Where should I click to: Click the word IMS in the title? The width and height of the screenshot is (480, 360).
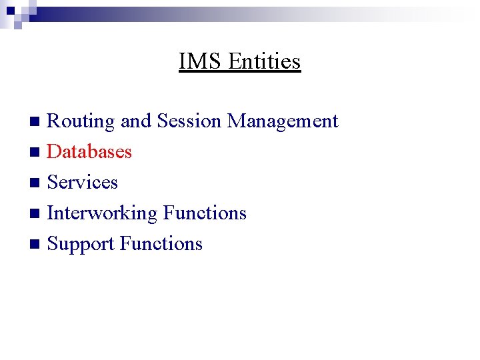pyautogui.click(x=201, y=61)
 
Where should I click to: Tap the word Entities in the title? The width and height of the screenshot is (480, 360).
pyautogui.click(x=265, y=61)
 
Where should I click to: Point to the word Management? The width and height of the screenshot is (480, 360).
pyautogui.click(x=283, y=122)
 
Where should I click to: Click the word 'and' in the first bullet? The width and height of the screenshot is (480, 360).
pyautogui.click(x=136, y=121)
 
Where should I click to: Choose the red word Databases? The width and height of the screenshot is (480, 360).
pyautogui.click(x=89, y=152)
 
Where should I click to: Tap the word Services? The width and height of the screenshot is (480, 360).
pyautogui.click(x=83, y=183)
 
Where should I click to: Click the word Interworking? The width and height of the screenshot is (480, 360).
pyautogui.click(x=102, y=213)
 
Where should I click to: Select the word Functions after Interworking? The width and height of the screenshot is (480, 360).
pyautogui.click(x=205, y=213)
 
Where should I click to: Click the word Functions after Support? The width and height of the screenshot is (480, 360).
pyautogui.click(x=161, y=244)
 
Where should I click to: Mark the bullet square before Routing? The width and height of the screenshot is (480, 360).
pyautogui.click(x=37, y=122)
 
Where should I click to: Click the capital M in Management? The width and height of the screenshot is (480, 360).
pyautogui.click(x=236, y=121)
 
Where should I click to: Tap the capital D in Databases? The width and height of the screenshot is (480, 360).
pyautogui.click(x=54, y=152)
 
